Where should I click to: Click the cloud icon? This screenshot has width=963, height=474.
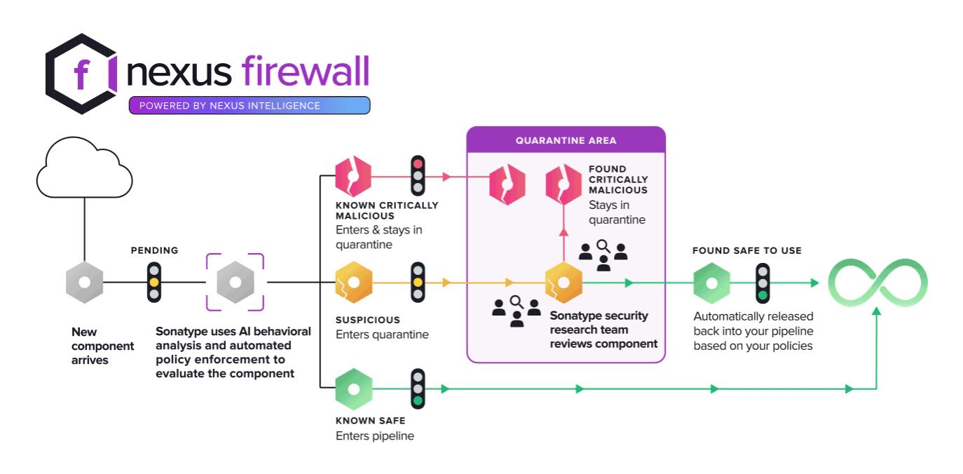pyautogui.click(x=84, y=168)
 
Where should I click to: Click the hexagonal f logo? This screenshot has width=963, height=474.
pyautogui.click(x=81, y=74)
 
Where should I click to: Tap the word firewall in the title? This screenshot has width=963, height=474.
pyautogui.click(x=305, y=72)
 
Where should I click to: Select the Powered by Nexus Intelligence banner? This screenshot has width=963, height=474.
pyautogui.click(x=249, y=106)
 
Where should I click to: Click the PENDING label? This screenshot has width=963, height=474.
pyautogui.click(x=154, y=250)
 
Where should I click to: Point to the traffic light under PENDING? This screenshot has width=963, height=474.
pyautogui.click(x=154, y=283)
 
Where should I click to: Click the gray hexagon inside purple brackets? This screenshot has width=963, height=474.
pyautogui.click(x=235, y=283)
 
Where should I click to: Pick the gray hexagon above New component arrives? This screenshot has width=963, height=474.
pyautogui.click(x=84, y=283)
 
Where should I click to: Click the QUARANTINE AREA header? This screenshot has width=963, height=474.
pyautogui.click(x=566, y=140)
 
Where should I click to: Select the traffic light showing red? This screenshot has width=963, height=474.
pyautogui.click(x=418, y=175)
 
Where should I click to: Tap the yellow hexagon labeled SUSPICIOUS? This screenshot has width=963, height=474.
pyautogui.click(x=353, y=283)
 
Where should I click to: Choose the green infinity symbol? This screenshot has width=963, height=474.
pyautogui.click(x=877, y=283)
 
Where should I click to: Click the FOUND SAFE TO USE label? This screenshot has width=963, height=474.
pyautogui.click(x=746, y=250)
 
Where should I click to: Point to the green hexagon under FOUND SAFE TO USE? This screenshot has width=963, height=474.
pyautogui.click(x=711, y=283)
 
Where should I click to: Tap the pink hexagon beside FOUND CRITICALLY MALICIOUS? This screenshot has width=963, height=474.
pyautogui.click(x=564, y=184)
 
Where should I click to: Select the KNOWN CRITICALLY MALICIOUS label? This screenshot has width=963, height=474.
pyautogui.click(x=386, y=210)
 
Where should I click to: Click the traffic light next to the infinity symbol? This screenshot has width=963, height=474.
pyautogui.click(x=763, y=283)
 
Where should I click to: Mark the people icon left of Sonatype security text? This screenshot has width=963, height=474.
pyautogui.click(x=517, y=311)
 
